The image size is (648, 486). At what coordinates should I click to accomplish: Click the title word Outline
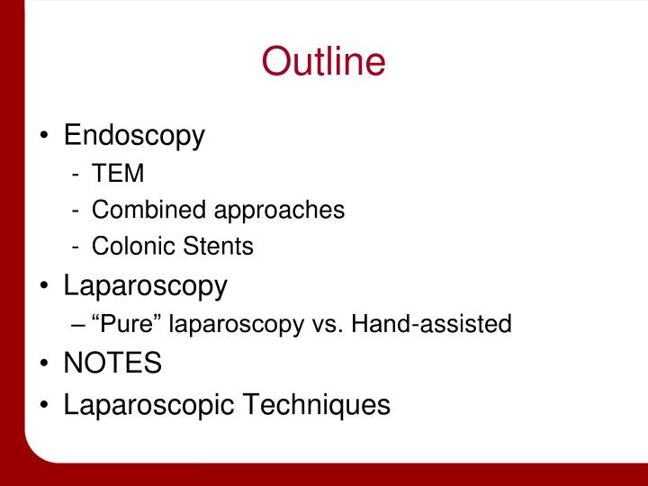tap(323, 62)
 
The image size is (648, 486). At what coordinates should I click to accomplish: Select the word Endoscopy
tap(134, 136)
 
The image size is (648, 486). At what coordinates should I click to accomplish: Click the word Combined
tap(148, 211)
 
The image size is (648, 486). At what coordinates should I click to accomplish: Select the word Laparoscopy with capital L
tap(145, 285)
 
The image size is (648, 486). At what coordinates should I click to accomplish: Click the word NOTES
tap(112, 364)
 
